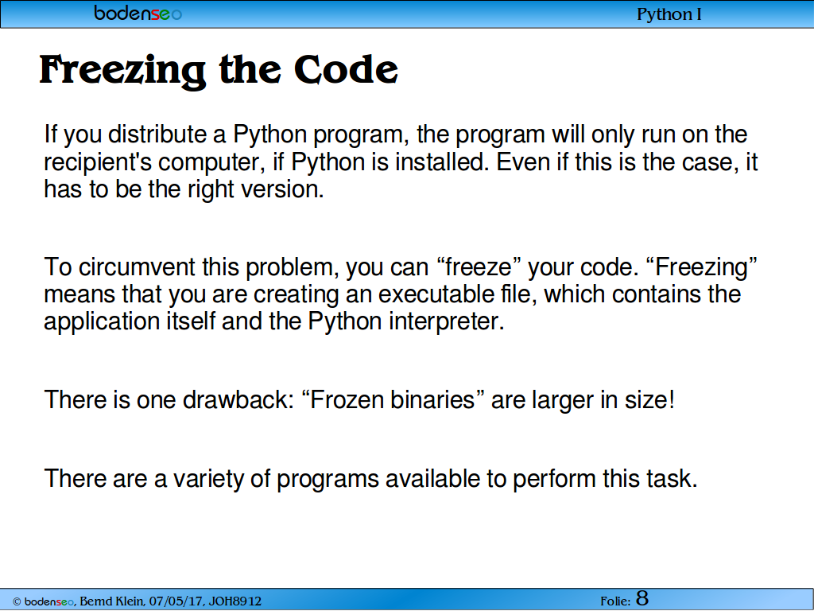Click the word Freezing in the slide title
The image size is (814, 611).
(x=122, y=71)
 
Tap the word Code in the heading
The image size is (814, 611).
(x=346, y=69)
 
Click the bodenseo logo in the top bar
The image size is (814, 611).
(x=138, y=13)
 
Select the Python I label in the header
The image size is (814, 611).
(x=669, y=14)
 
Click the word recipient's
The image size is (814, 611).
(x=98, y=163)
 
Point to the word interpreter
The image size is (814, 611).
(x=447, y=322)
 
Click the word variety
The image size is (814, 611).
(x=208, y=479)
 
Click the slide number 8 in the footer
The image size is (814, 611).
(x=642, y=598)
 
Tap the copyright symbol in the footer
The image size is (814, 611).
(x=17, y=601)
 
